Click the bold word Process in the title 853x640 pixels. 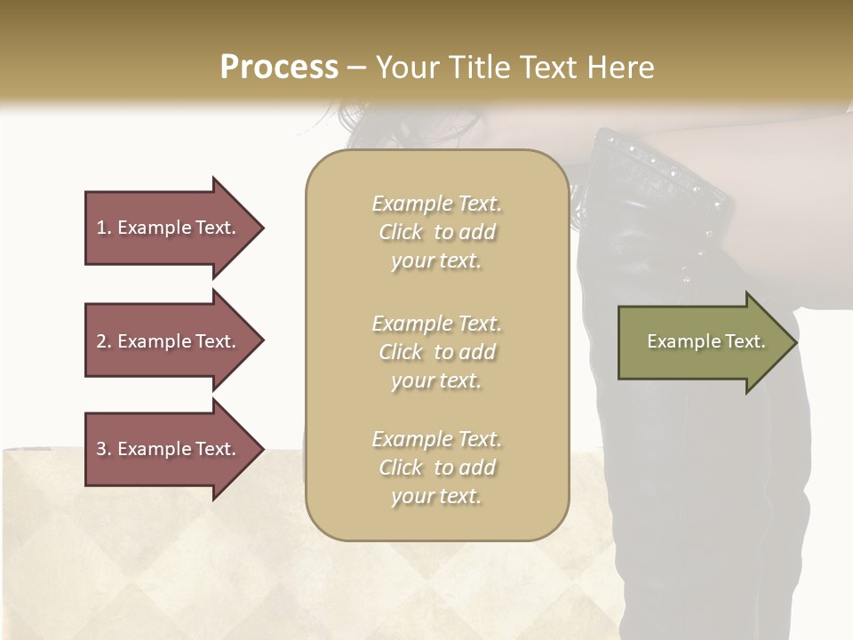[x=279, y=68]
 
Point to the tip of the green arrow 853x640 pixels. [x=794, y=342]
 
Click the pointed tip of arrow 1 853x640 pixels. [x=261, y=228]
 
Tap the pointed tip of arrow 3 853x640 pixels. [x=261, y=450]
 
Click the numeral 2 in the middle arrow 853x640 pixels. [x=101, y=341]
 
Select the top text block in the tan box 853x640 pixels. [x=436, y=232]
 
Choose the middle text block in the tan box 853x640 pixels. [x=436, y=352]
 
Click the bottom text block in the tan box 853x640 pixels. [x=436, y=468]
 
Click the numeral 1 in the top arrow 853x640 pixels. [x=100, y=228]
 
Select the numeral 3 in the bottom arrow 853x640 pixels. [x=101, y=449]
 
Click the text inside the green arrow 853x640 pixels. [x=706, y=341]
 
